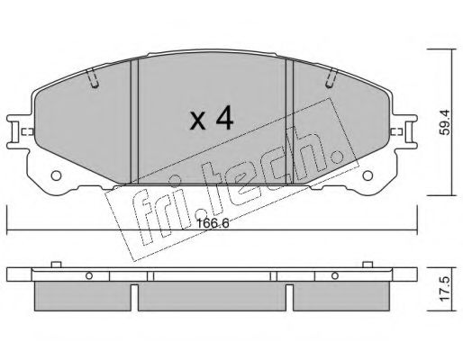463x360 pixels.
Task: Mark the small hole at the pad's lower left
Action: point(56,177)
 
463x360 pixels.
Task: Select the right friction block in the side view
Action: point(341,295)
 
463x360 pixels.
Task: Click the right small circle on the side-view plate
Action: point(334,275)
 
